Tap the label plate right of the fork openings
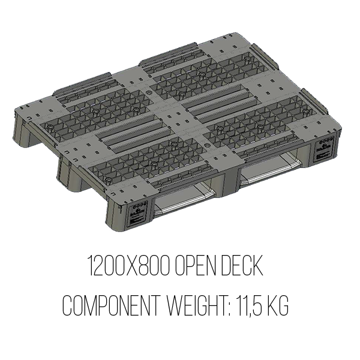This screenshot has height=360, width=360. click(324, 149)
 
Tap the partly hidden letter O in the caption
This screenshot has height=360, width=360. click(66, 306)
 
